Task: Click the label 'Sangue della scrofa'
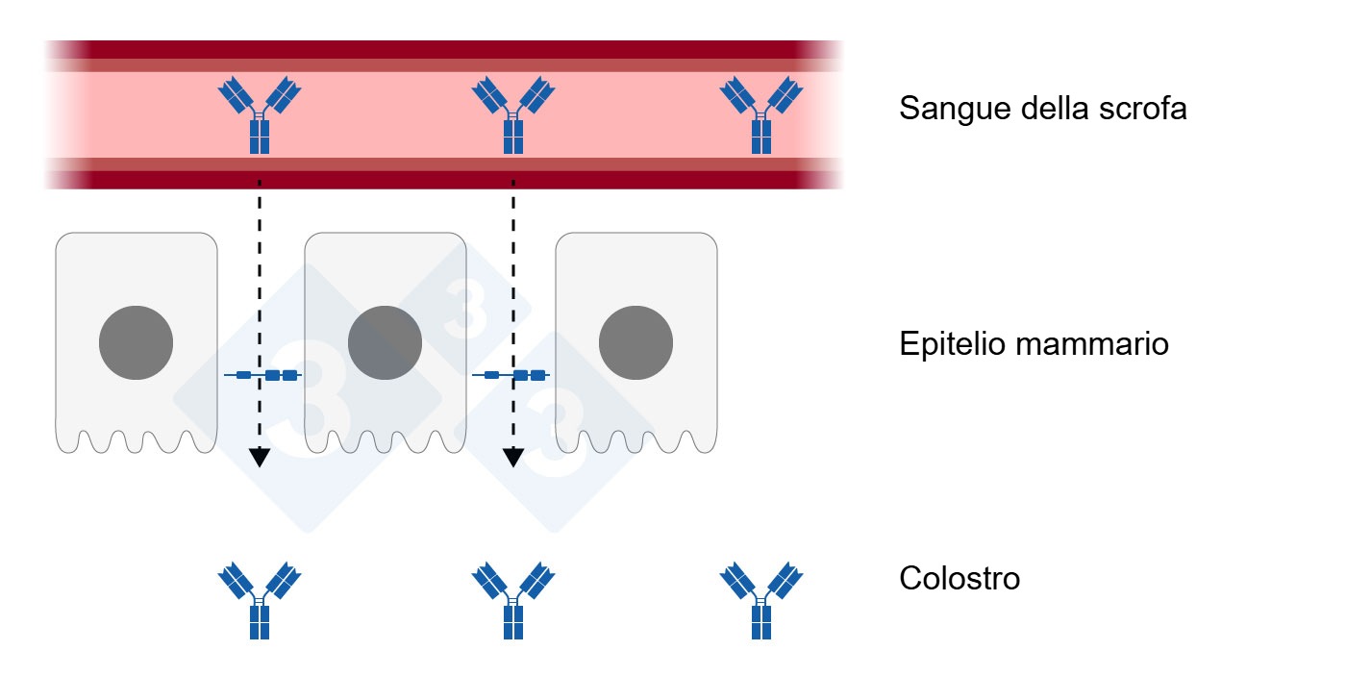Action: point(1042,109)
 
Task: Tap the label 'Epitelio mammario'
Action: point(1034,344)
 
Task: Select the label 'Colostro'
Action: point(960,579)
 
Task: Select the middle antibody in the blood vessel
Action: point(513,116)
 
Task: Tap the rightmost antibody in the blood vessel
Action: point(761,116)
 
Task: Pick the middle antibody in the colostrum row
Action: point(513,602)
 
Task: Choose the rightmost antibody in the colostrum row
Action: point(761,602)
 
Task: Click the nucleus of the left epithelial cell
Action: point(137,343)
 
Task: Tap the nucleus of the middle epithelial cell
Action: point(385,343)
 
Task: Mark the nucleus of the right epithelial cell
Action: point(636,343)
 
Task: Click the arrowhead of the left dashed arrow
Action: point(259,458)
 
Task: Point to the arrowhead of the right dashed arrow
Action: point(513,458)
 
